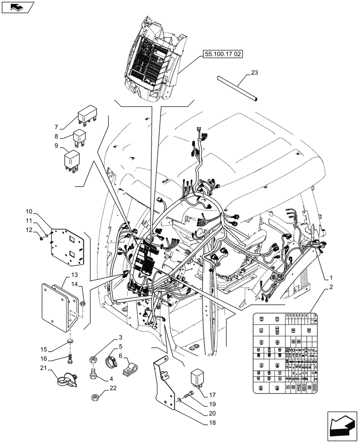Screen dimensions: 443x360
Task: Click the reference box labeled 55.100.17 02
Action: [x=223, y=55]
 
